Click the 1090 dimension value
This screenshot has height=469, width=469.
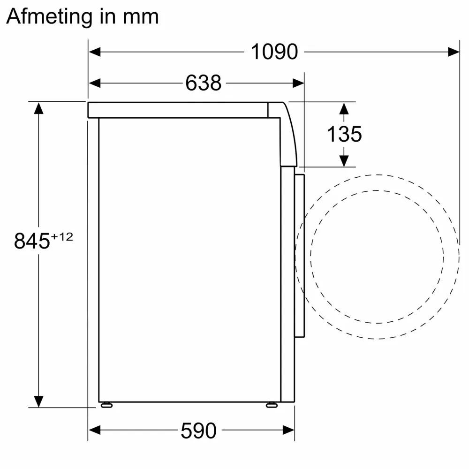(274, 52)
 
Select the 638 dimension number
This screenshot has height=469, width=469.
(203, 83)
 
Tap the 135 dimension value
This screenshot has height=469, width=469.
(344, 135)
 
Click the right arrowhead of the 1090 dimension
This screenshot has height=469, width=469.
(454, 52)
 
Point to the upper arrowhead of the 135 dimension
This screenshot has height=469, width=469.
(344, 109)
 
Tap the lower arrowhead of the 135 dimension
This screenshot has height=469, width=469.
(344, 160)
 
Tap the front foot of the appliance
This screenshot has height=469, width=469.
(272, 405)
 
